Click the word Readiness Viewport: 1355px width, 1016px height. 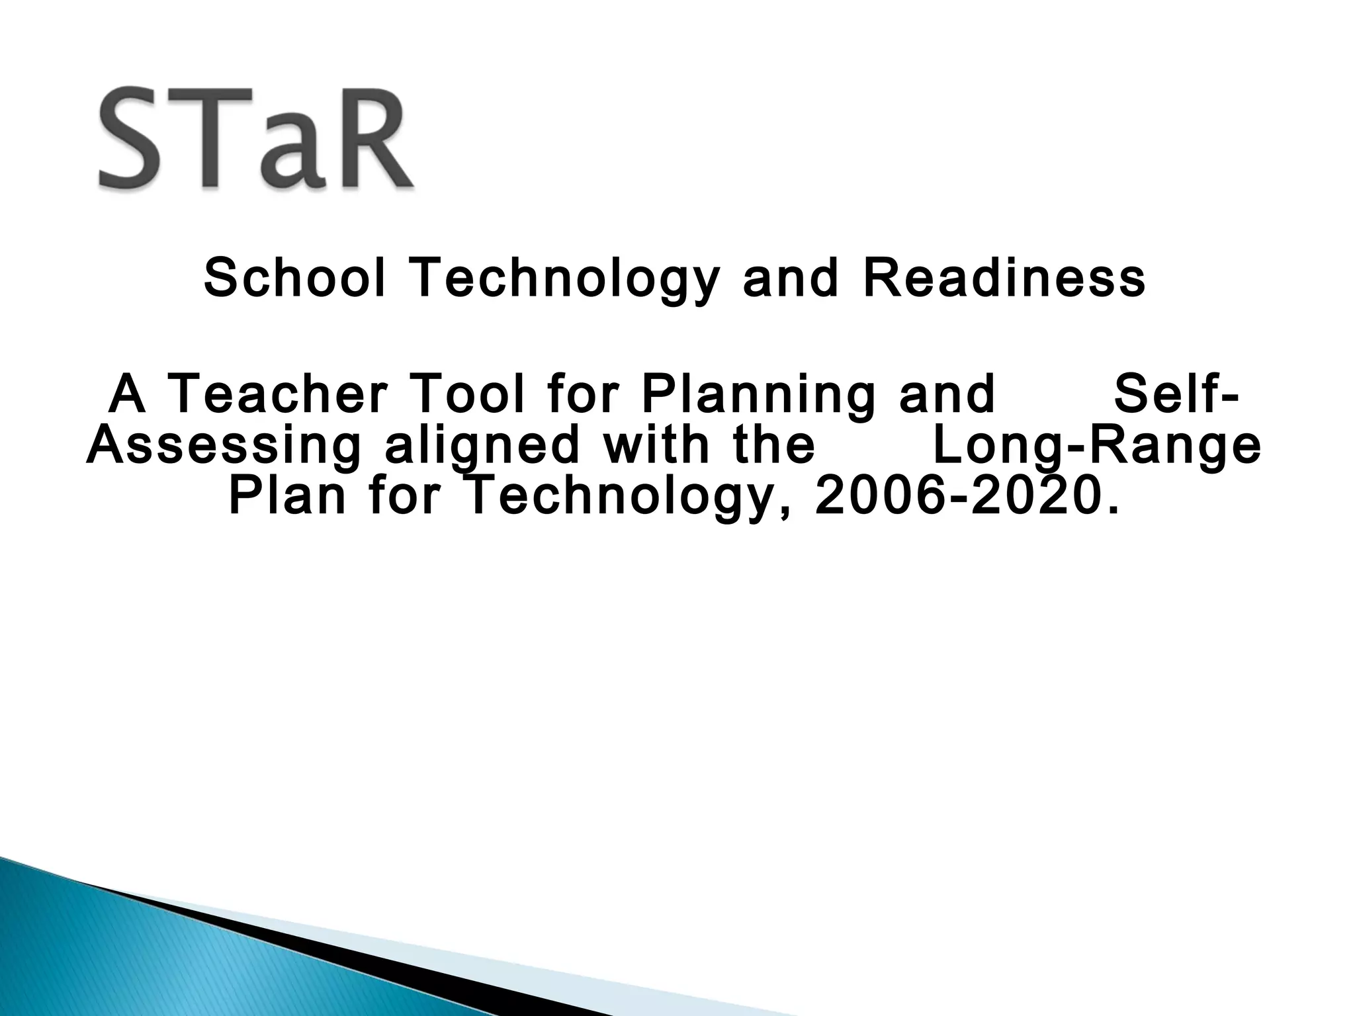[1004, 278]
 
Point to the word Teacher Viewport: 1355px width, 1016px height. [276, 394]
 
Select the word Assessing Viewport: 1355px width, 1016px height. [224, 446]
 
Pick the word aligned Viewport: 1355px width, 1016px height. [482, 446]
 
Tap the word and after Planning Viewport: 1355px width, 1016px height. [947, 394]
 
